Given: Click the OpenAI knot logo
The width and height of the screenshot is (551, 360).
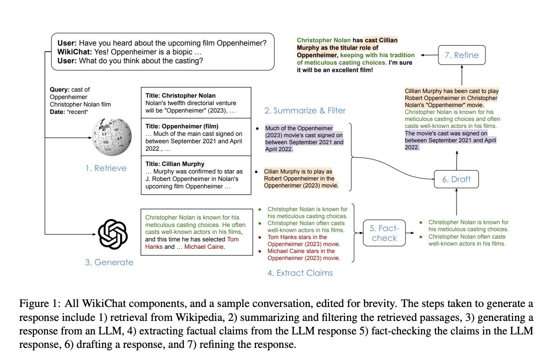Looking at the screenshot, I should (x=113, y=234).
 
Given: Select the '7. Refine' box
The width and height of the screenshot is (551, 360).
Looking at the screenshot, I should (x=462, y=55).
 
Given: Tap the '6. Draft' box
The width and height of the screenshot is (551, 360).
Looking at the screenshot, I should (x=456, y=179).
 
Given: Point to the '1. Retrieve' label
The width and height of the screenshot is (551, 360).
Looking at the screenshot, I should (x=106, y=168).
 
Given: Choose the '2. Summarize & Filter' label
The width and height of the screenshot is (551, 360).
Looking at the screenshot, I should (x=305, y=111).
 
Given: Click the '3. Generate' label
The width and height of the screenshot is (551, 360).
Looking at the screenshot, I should (x=109, y=262).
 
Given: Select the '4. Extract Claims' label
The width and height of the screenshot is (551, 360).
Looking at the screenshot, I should (x=300, y=273).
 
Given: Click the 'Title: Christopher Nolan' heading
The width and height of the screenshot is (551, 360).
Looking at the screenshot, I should (x=180, y=95).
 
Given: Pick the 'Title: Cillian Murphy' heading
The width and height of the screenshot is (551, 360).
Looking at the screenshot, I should (x=175, y=164).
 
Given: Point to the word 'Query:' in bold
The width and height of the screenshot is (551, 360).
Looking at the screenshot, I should (x=60, y=89).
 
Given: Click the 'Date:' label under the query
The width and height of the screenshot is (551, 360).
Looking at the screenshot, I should (x=58, y=112).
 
